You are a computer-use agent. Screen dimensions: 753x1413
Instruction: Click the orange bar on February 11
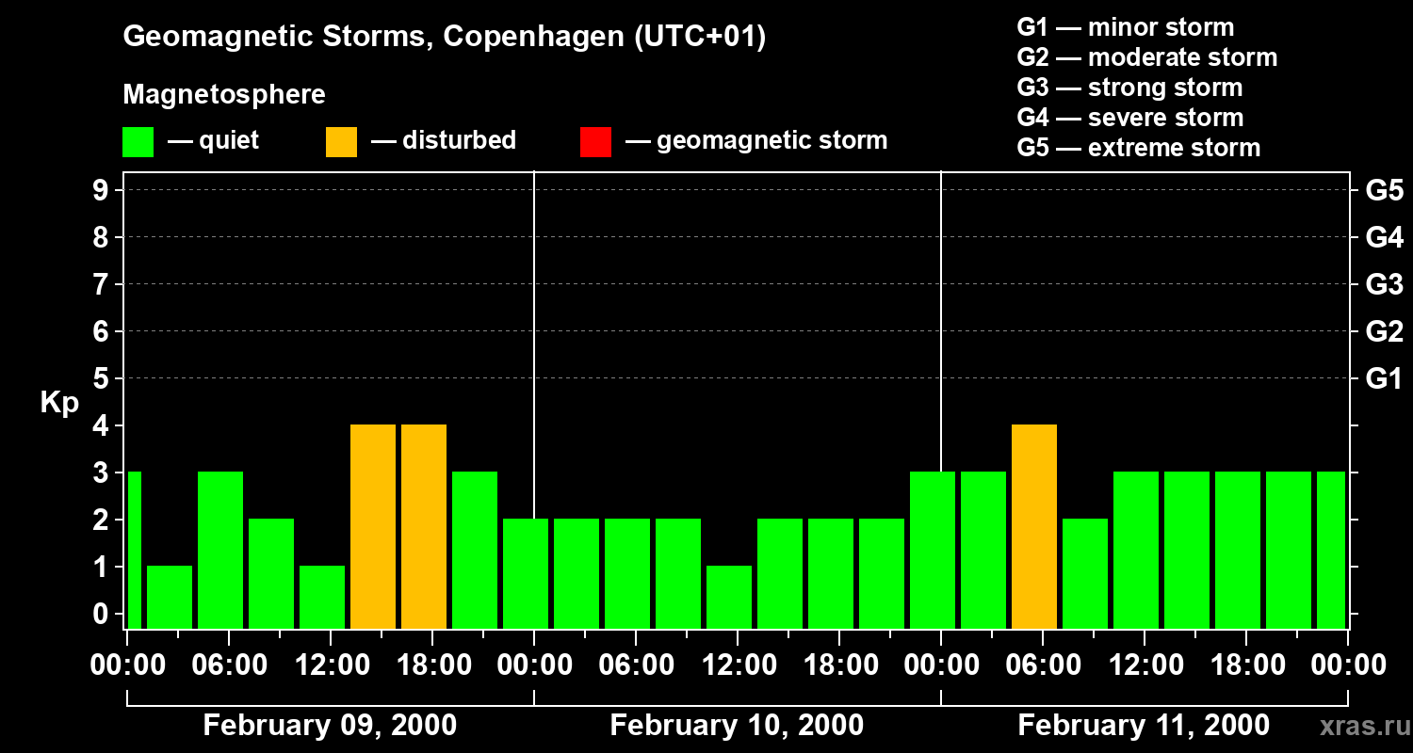click(x=1034, y=526)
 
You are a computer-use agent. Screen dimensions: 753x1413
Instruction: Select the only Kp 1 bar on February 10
click(x=729, y=597)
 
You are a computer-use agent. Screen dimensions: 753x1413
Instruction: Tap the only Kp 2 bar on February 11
click(x=1085, y=573)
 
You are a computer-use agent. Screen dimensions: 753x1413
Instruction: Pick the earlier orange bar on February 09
click(x=373, y=526)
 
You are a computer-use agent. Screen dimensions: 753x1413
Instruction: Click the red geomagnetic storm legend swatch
click(x=596, y=142)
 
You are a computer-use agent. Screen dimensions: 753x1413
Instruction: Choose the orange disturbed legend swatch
click(x=341, y=142)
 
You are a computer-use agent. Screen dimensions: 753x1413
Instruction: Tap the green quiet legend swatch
click(x=138, y=142)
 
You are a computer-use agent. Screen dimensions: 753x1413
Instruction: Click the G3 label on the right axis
click(x=1384, y=284)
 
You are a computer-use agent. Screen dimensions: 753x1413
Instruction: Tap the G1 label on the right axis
click(x=1384, y=379)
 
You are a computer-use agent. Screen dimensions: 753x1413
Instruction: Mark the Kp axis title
click(x=59, y=403)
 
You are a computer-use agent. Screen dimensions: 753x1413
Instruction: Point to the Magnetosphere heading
click(x=224, y=95)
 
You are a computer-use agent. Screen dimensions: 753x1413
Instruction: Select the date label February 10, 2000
click(x=737, y=726)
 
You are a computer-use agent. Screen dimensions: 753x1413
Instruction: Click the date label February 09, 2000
click(x=330, y=726)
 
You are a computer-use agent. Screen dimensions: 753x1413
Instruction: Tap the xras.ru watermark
click(x=1358, y=727)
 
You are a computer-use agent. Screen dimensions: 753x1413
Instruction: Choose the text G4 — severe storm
click(x=1129, y=118)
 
